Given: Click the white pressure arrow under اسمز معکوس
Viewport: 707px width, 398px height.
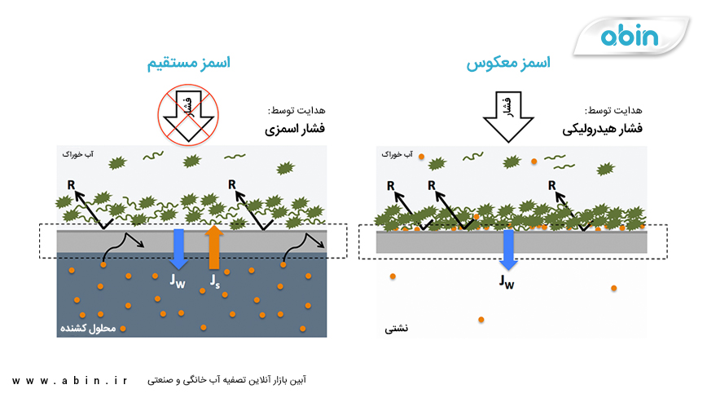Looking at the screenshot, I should click(507, 115).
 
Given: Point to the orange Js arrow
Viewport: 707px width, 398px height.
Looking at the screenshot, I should click(214, 247).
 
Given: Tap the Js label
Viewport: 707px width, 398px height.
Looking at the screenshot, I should click(214, 281).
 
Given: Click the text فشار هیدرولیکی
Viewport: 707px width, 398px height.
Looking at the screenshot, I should click(600, 129).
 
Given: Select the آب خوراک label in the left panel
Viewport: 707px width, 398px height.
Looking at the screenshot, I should click(72, 153).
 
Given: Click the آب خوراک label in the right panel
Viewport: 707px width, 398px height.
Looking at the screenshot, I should click(399, 153).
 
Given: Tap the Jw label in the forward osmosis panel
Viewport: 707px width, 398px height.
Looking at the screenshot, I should click(178, 281).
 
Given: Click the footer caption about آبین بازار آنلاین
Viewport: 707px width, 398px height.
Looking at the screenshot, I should click(229, 379).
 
